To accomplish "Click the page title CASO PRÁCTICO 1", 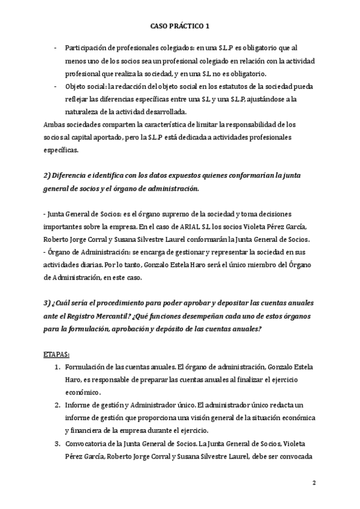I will pyautogui.click(x=179, y=26).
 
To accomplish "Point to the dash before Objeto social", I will pyautogui.click(x=56, y=86).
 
